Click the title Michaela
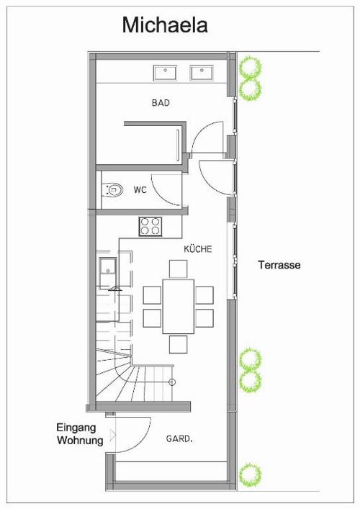[165, 25]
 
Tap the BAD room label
[161, 103]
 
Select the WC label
[140, 190]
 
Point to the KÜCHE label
[198, 249]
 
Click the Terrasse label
[279, 265]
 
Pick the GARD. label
[179, 439]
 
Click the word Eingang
[76, 428]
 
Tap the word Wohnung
[80, 441]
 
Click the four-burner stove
[150, 226]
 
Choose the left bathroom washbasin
[165, 73]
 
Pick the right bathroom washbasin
[202, 73]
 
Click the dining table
[179, 306]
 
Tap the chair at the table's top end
[179, 269]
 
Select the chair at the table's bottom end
[179, 344]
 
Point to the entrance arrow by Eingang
[113, 436]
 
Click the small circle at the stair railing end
[172, 382]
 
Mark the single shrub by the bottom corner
[250, 474]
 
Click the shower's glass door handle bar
[178, 145]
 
